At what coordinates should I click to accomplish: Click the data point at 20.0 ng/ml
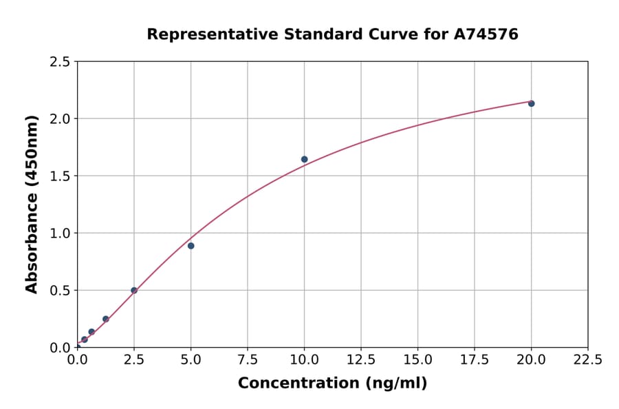coord(531,103)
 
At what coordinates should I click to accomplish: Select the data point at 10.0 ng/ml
coord(304,159)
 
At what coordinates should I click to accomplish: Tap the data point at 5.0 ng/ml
coord(191,246)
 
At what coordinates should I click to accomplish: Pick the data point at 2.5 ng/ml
coord(134,291)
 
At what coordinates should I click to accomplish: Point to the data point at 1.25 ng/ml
coord(106,319)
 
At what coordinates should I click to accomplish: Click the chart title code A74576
coord(486,34)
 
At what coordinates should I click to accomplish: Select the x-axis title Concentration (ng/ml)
coord(332,384)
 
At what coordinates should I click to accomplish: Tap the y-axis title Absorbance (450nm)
coord(32,204)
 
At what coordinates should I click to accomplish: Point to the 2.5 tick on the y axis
coord(60,62)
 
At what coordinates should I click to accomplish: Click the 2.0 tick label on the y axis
coord(60,119)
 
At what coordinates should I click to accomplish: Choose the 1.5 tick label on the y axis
coord(60,176)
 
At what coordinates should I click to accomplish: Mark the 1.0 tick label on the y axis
coord(60,233)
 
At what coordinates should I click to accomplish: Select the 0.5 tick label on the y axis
coord(60,291)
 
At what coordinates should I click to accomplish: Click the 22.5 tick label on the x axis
coord(588,360)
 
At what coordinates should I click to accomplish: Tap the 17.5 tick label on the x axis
coord(475,360)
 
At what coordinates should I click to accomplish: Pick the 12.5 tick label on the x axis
coord(361,360)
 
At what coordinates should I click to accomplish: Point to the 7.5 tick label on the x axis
coord(248,360)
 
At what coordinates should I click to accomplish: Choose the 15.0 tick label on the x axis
coord(417,360)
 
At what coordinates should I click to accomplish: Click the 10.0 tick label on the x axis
coord(304,360)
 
